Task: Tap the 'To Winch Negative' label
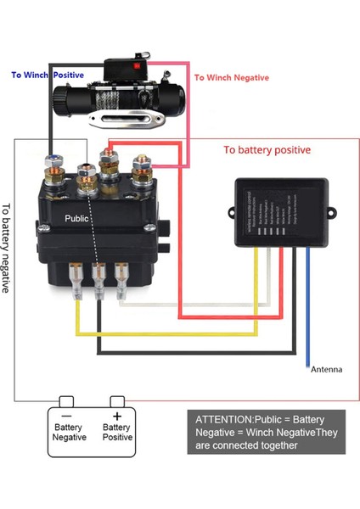[x=231, y=77]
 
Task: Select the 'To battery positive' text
[x=267, y=149]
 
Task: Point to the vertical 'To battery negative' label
[x=8, y=247]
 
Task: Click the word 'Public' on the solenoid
[x=77, y=218]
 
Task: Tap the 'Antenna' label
[x=327, y=369]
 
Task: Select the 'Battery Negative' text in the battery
[x=70, y=433]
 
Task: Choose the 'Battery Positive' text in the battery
[x=116, y=433]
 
